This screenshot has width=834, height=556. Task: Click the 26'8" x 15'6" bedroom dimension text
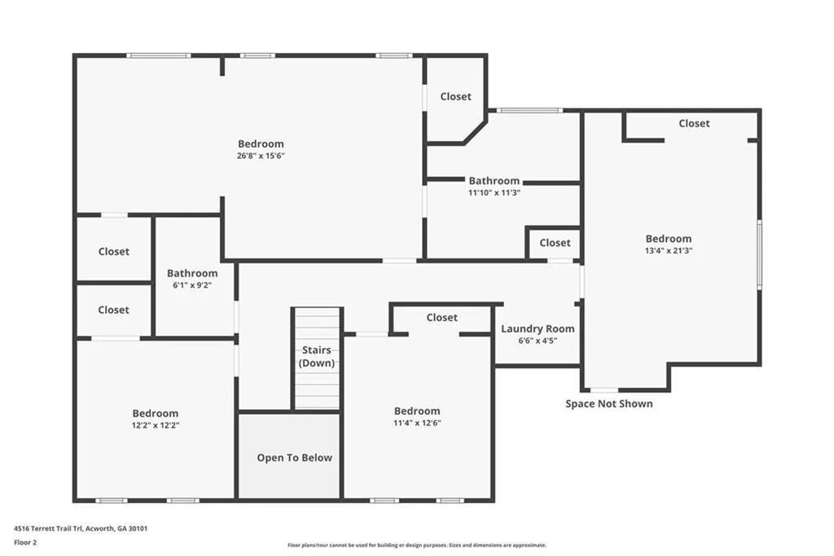click(261, 156)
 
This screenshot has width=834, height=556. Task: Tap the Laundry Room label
click(538, 329)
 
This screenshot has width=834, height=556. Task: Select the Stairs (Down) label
click(317, 356)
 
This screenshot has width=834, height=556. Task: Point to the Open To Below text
click(295, 457)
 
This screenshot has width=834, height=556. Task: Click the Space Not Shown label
click(609, 404)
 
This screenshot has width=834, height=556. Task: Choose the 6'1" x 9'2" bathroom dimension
click(192, 285)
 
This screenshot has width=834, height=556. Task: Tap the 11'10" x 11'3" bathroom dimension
click(494, 192)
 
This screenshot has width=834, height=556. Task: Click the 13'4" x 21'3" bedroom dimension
click(669, 250)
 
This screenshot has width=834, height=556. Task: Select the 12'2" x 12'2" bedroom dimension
click(156, 425)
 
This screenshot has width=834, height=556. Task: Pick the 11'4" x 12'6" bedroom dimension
click(417, 423)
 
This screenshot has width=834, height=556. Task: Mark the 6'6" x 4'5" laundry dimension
click(538, 341)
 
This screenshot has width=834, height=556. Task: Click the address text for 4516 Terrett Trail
click(81, 528)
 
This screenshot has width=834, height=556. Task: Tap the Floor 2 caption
click(25, 543)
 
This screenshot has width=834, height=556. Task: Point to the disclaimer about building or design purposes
click(417, 545)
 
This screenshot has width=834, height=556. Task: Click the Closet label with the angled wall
click(456, 96)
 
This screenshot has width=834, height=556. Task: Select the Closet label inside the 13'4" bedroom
click(694, 123)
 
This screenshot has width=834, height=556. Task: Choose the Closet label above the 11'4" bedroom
click(442, 317)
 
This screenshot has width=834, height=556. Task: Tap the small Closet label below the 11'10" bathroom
click(555, 243)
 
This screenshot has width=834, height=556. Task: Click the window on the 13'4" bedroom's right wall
click(760, 254)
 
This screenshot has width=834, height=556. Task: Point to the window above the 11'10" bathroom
click(529, 111)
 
